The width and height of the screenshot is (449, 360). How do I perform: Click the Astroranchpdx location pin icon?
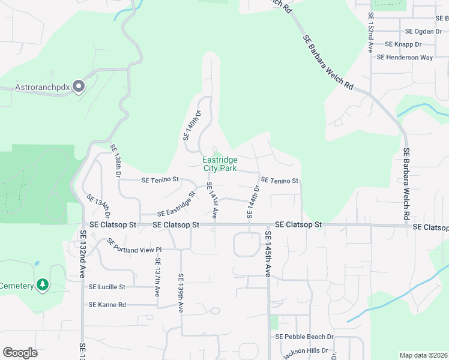(x=79, y=86)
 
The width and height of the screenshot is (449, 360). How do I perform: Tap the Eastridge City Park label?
(x=219, y=164)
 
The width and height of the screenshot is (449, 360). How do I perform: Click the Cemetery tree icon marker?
(x=43, y=285)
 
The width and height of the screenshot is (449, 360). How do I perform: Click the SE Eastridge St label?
(x=176, y=205)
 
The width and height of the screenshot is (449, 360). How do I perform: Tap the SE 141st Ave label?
(x=211, y=200)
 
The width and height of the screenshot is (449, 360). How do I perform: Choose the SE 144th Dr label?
(x=253, y=200)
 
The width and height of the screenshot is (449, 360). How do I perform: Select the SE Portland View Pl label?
(x=134, y=246)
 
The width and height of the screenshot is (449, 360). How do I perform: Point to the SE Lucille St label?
(x=107, y=287)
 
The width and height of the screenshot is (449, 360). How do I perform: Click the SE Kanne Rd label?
(x=107, y=305)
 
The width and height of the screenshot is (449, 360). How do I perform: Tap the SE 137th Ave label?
(x=158, y=278)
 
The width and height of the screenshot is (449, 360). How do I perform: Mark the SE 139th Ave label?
(x=180, y=293)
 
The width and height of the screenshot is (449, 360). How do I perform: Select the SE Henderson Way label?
(x=405, y=58)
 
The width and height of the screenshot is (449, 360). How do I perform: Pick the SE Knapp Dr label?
(x=403, y=44)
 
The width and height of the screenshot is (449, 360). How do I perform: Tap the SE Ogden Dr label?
(x=423, y=31)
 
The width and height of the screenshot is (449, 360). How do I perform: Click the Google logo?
(x=20, y=352)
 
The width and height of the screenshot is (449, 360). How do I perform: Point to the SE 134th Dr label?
(x=99, y=206)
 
